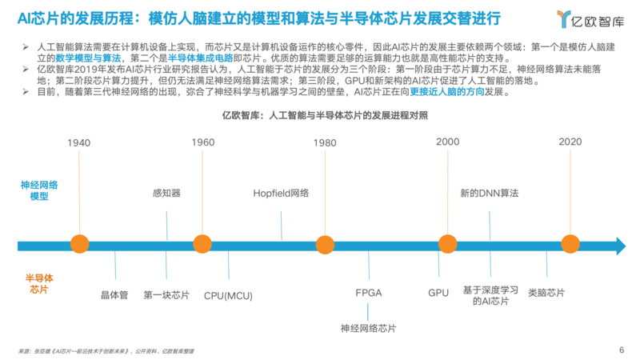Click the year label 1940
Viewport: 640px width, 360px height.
[79, 142]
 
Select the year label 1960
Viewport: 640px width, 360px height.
[203, 142]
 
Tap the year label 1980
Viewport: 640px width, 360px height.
[325, 142]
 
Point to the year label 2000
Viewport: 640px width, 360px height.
[447, 142]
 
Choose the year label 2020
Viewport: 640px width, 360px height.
[570, 142]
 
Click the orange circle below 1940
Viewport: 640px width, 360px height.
[79, 244]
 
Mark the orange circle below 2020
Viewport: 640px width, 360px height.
[570, 244]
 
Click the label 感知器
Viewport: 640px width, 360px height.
[166, 193]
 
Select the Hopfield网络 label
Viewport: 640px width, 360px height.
[281, 193]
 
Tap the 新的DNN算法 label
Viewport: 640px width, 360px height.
[490, 193]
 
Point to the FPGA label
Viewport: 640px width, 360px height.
[368, 294]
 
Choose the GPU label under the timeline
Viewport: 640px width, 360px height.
[438, 294]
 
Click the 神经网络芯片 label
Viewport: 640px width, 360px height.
[368, 328]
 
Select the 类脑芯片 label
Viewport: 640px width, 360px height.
[546, 294]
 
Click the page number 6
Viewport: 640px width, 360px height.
[622, 349]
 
